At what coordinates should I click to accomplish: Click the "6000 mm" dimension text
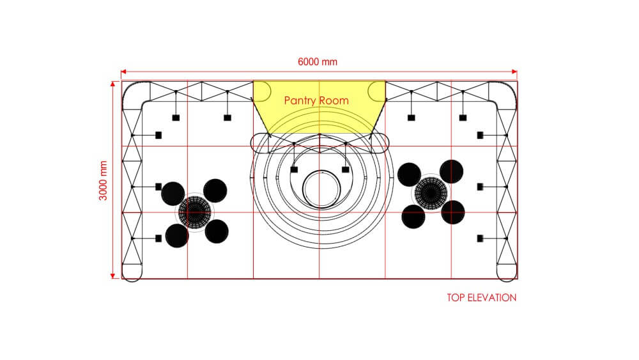[x=318, y=62]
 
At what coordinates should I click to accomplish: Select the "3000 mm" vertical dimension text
[x=103, y=180]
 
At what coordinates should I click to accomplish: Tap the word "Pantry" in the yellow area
[x=300, y=100]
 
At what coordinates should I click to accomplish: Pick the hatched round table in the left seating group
[x=194, y=210]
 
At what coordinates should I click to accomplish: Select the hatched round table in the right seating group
[x=431, y=192]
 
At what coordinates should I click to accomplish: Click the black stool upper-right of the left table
[x=215, y=190]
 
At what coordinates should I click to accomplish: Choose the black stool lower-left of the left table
[x=176, y=235]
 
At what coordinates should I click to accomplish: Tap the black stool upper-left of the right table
[x=409, y=174]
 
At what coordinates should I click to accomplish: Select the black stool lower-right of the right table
[x=453, y=212]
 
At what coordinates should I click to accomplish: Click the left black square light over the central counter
[x=293, y=169]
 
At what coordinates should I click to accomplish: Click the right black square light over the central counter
[x=346, y=169]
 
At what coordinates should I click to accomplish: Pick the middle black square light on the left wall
[x=158, y=187]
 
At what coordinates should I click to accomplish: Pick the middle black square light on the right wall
[x=480, y=187]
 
